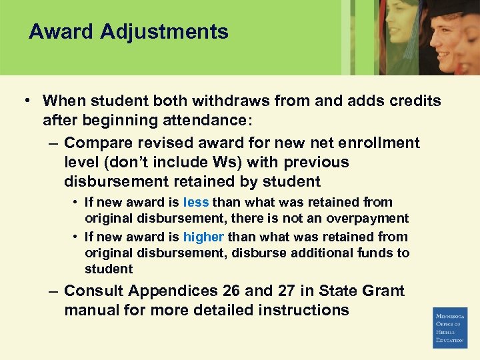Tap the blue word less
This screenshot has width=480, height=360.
pyautogui.click(x=196, y=202)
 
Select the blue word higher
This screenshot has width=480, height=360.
pyautogui.click(x=203, y=237)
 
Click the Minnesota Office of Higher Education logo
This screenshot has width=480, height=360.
pyautogui.click(x=450, y=327)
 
